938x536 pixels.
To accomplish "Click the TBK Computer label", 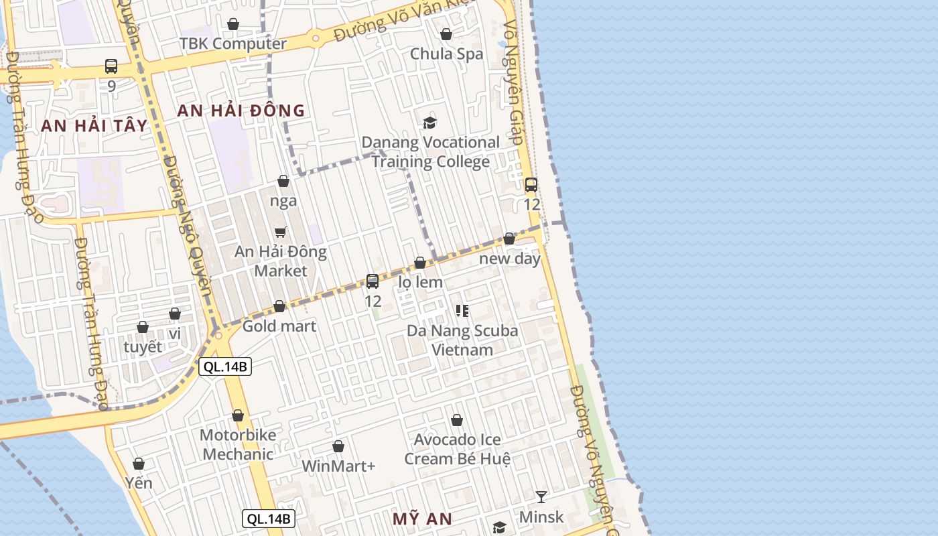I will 232,44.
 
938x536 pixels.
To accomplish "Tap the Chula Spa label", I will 446,54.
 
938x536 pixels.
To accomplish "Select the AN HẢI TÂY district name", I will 94,125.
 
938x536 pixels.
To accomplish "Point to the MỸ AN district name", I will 422,519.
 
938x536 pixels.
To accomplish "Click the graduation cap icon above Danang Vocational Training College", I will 429,123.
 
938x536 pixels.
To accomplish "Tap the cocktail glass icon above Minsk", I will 541,496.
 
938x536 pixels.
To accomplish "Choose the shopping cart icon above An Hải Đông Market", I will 281,232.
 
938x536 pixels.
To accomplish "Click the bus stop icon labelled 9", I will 111,66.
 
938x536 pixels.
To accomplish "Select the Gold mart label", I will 279,326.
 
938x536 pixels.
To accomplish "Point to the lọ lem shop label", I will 421,282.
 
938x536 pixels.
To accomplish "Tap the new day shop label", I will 510,259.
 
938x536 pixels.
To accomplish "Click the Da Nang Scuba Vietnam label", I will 462,340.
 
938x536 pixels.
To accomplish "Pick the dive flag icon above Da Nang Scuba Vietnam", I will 462,310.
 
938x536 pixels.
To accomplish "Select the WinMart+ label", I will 338,466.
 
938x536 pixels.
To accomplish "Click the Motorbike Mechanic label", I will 238,444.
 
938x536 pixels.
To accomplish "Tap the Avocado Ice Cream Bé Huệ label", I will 457,449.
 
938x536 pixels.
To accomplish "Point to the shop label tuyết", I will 143,347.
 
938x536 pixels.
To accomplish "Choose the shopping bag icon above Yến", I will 139,464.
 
